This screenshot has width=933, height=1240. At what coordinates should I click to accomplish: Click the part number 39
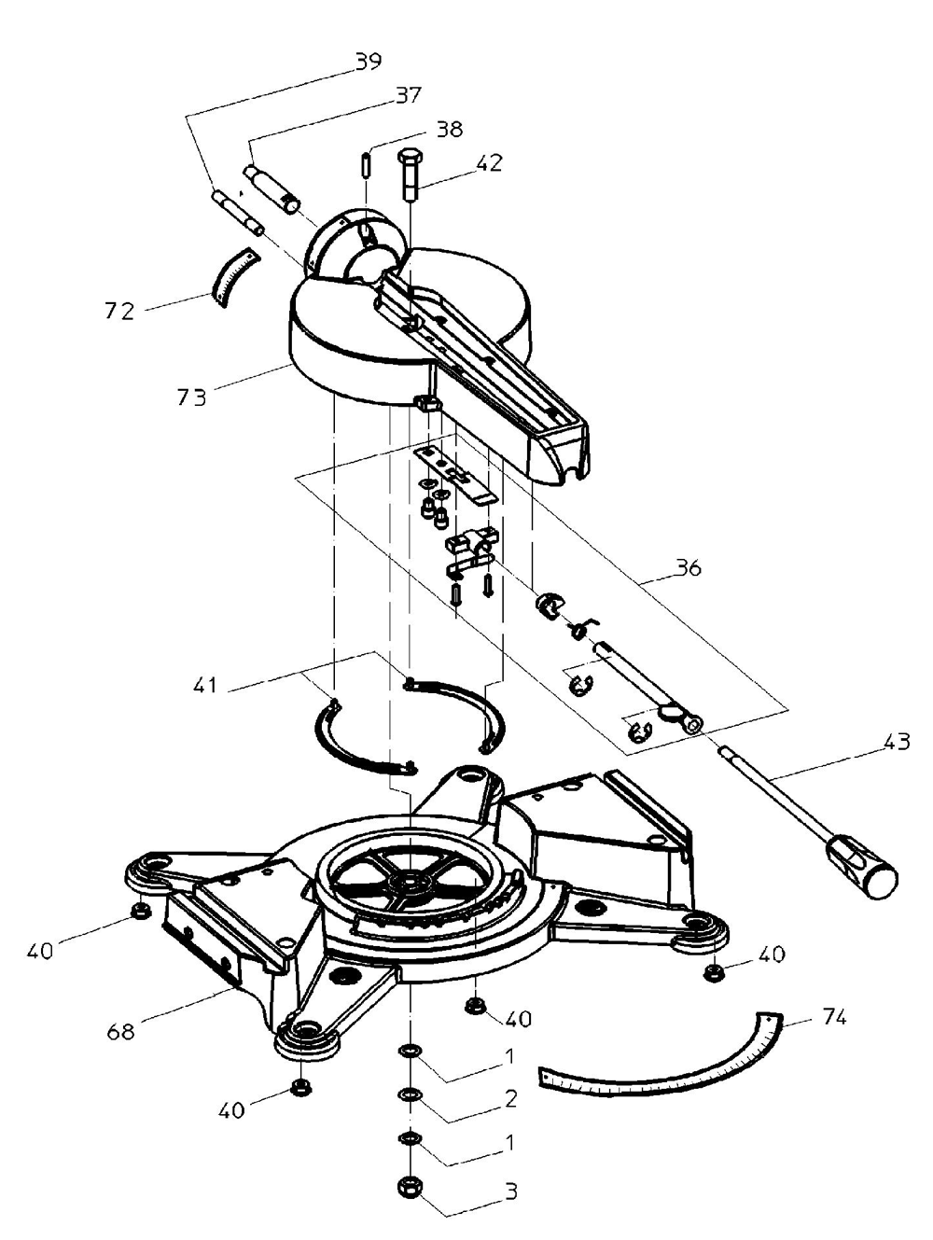coord(369,61)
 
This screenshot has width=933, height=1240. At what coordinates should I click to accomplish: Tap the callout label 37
coord(409,95)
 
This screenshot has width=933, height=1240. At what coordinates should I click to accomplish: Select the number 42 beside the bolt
coord(489,163)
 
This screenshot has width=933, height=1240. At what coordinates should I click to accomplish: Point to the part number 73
coord(191,397)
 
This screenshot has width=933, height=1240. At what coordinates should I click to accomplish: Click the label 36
coord(688,567)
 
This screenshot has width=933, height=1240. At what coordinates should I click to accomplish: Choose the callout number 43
coord(897,741)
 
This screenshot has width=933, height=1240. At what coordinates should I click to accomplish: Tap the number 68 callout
coord(121,1032)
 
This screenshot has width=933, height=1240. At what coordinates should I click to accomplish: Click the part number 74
coord(834,1018)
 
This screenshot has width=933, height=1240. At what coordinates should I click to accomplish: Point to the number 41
coord(205,685)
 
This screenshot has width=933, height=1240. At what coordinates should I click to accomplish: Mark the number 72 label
coord(119,312)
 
